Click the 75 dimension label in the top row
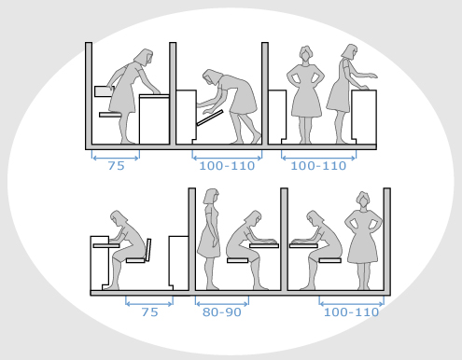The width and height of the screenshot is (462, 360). (117, 166)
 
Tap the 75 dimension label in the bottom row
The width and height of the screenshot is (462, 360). (149, 312)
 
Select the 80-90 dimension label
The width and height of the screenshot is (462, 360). (222, 312)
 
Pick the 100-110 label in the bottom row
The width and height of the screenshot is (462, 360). (351, 312)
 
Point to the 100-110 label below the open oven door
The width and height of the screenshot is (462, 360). (227, 166)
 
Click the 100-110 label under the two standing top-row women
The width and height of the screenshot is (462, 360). (318, 166)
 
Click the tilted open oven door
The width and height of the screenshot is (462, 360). (210, 118)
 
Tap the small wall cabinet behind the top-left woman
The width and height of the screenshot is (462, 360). (104, 91)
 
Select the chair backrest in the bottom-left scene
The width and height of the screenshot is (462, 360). (148, 250)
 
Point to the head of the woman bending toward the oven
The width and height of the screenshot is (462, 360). (211, 76)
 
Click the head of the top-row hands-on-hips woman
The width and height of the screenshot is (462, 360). (306, 53)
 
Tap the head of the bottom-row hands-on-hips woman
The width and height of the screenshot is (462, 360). (363, 200)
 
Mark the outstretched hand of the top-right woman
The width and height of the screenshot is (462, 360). (371, 76)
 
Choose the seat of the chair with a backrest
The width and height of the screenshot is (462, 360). (135, 260)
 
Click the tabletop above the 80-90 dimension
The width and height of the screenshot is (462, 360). (264, 245)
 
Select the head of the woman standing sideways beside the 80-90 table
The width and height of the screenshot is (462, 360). (211, 196)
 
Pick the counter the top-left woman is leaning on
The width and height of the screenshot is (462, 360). (154, 119)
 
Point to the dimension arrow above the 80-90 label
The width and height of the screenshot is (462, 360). (222, 304)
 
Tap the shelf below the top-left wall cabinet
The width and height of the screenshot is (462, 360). (110, 115)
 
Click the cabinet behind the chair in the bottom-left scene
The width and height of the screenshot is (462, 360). (178, 261)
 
